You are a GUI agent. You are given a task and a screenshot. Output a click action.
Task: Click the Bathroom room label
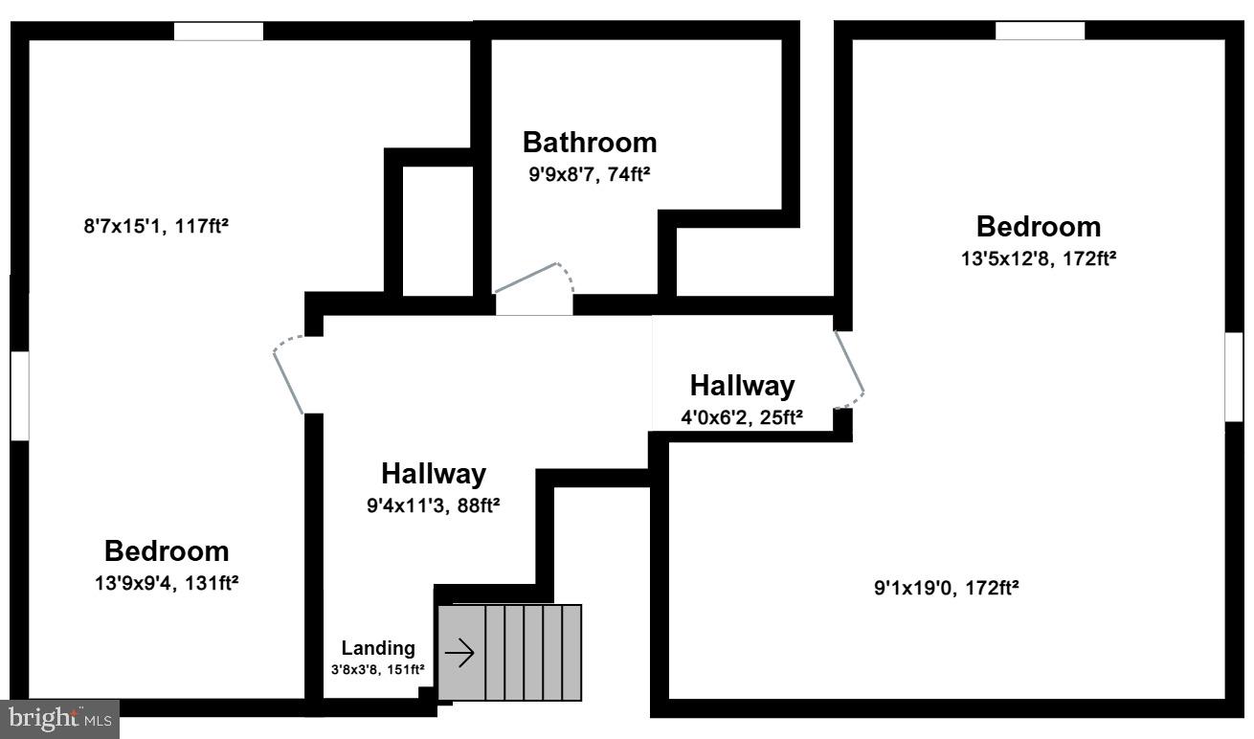(590, 143)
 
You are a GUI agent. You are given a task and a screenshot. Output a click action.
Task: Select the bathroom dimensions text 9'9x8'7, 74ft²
(590, 174)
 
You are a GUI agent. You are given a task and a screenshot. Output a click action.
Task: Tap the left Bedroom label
(167, 551)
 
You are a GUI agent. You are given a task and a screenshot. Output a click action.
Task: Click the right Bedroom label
(1038, 227)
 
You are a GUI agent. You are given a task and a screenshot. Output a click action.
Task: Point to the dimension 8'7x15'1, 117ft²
(155, 227)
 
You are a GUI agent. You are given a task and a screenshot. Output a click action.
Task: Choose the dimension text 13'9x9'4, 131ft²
(166, 582)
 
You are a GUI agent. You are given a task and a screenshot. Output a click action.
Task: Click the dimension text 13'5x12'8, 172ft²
(1038, 258)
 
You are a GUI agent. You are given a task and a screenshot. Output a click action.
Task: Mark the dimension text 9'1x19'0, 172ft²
(946, 588)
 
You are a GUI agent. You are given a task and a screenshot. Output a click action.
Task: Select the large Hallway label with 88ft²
(433, 474)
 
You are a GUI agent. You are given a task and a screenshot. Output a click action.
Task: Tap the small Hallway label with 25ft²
(742, 386)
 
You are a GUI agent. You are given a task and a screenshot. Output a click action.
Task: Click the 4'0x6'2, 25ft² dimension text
(741, 416)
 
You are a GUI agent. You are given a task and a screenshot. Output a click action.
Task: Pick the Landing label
(378, 648)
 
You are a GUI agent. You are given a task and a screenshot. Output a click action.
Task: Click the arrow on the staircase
(460, 654)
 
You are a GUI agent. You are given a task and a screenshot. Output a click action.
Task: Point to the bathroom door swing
(534, 280)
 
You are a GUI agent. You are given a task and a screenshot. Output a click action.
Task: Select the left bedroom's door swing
(288, 374)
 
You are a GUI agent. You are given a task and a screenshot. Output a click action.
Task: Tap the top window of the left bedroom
(218, 31)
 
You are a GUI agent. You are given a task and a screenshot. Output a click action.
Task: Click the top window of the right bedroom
(1040, 31)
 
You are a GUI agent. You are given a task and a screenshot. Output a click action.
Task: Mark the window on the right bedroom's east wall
(1234, 376)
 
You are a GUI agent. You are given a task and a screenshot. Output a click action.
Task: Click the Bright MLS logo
(59, 718)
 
